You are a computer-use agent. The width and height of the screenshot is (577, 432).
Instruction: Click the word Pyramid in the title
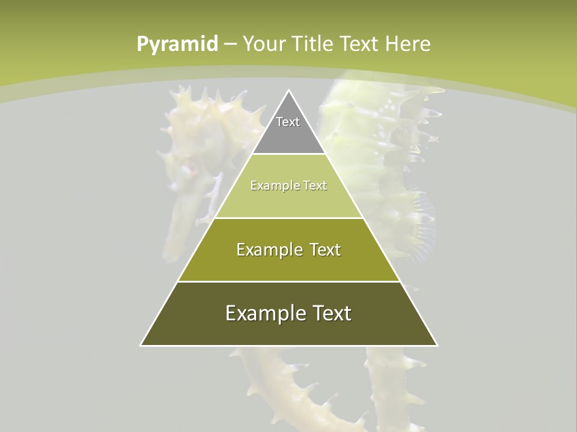click(x=177, y=44)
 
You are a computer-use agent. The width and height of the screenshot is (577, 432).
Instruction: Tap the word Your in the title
click(x=264, y=44)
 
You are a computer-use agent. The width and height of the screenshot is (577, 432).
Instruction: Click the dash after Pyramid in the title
click(x=230, y=44)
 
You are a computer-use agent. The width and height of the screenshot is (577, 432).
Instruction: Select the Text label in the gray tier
click(x=288, y=122)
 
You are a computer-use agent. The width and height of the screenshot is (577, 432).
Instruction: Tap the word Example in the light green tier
click(x=269, y=185)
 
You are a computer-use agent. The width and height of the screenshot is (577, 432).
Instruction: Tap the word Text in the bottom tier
click(x=331, y=313)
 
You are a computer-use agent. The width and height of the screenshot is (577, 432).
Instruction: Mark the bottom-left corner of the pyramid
click(x=141, y=345)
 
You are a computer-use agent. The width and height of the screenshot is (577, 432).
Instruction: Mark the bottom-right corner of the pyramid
click(x=437, y=345)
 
